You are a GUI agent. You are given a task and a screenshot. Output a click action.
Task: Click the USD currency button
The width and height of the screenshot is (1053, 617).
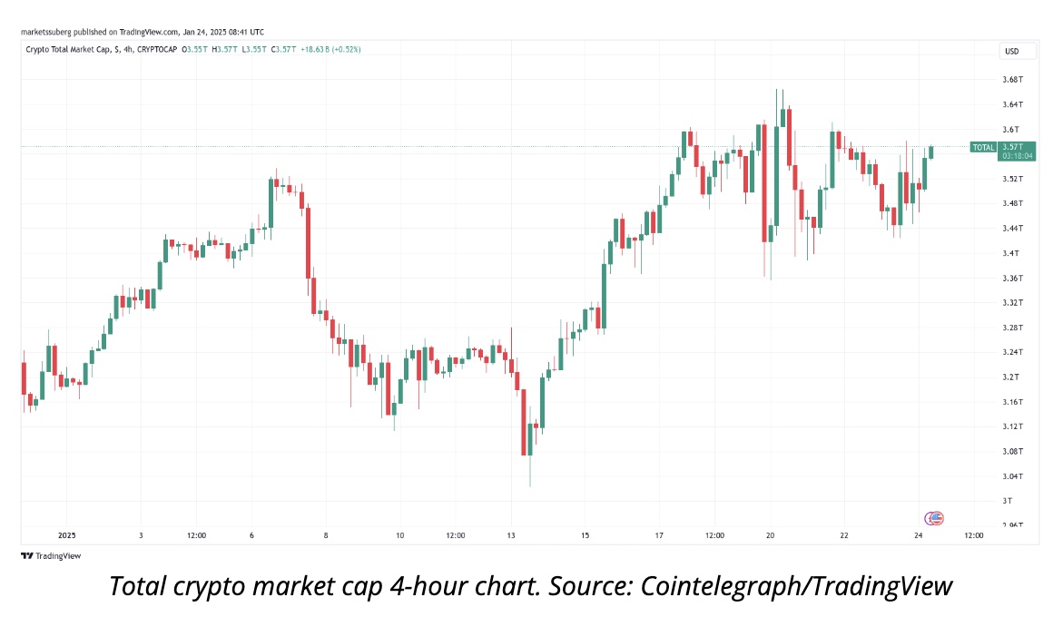point(1010,50)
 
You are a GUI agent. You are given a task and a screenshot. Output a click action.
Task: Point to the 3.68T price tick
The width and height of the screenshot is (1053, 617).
point(1010,80)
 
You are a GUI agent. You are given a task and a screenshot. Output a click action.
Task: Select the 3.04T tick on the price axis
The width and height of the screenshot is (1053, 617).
point(1010,476)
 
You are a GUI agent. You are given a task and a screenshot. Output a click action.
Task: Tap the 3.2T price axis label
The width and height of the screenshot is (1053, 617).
point(1009,377)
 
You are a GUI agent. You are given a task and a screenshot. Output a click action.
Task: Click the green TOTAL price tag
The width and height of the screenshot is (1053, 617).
point(983,147)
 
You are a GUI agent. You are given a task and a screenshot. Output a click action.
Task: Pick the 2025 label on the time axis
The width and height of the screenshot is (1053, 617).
point(66,535)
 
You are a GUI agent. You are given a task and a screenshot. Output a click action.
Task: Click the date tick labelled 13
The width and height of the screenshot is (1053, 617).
point(511,535)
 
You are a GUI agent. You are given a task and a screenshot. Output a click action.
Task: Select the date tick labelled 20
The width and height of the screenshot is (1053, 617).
point(770,535)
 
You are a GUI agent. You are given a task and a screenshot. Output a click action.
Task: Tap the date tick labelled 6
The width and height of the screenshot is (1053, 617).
point(251,535)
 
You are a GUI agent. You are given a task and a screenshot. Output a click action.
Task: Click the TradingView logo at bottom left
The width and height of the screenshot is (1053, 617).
point(51,555)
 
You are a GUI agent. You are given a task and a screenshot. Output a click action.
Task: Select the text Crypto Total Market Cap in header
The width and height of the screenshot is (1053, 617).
point(67,49)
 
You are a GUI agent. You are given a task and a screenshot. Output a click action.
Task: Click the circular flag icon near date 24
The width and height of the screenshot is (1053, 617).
point(934,518)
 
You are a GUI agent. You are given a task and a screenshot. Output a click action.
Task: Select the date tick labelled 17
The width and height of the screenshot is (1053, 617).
point(659,535)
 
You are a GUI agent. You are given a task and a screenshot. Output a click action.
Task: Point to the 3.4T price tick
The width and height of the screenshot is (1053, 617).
point(1009,253)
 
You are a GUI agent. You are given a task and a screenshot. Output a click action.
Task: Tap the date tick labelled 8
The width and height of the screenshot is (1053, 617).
point(325,535)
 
